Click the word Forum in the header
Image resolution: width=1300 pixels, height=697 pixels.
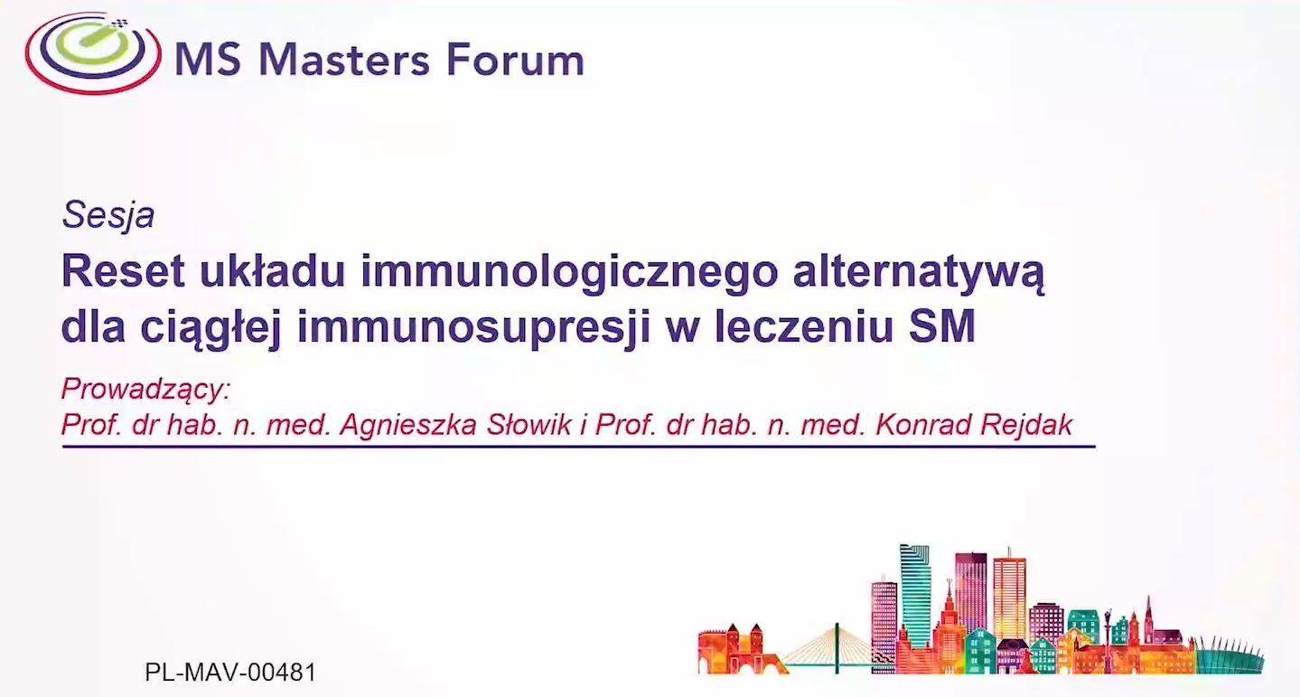515,60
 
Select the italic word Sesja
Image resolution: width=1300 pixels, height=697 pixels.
108,215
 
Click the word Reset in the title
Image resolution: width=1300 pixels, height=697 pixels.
123,271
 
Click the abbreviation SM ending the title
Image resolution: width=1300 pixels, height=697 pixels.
942,326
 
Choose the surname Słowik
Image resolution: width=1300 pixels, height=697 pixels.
529,425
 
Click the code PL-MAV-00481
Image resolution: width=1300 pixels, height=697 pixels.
230,673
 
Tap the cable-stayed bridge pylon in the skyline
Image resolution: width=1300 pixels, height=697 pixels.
837,647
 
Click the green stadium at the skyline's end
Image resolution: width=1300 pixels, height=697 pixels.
1230,655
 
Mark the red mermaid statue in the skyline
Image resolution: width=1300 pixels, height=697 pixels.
1027,659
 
